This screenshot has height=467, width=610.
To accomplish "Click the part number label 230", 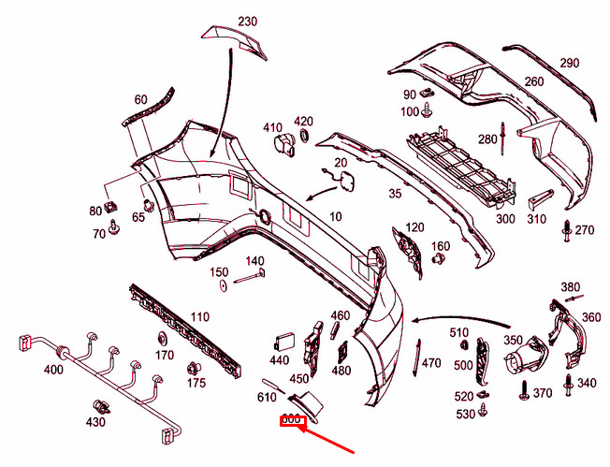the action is tap(247, 21).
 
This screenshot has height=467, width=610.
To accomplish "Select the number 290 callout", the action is tap(570, 63).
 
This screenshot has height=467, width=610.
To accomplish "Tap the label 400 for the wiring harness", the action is tap(53, 369).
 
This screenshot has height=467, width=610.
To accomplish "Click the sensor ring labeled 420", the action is tap(303, 136).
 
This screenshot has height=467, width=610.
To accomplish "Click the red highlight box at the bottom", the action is tap(294, 421).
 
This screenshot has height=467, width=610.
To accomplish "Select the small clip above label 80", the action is tap(111, 206).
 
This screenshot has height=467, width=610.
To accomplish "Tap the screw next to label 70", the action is tap(113, 226).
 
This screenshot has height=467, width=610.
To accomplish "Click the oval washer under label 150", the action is tap(224, 285).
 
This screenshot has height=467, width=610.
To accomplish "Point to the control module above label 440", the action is tap(284, 343).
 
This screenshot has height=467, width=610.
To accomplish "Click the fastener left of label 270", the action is tap(566, 231).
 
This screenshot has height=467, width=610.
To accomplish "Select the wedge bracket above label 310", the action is tap(540, 198).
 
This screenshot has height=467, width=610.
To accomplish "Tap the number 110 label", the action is tap(199, 316).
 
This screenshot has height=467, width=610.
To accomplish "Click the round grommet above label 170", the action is tap(162, 339).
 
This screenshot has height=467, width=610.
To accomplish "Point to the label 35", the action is tap(395, 193).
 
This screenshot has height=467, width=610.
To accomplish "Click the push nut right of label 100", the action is tap(428, 110).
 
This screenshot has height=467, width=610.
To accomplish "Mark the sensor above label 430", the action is tap(102, 407).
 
